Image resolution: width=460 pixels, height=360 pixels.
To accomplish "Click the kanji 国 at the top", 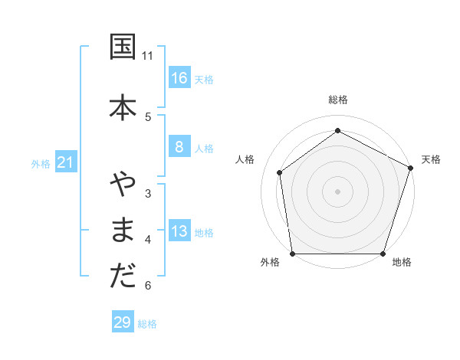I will click(x=123, y=47).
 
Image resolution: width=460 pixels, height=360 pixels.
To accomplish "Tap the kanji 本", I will click(x=123, y=106).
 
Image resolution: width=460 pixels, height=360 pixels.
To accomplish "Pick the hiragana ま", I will click(x=123, y=230).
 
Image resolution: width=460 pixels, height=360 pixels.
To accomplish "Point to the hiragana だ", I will click(x=123, y=277).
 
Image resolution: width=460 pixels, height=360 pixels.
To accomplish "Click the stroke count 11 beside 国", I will click(x=148, y=56).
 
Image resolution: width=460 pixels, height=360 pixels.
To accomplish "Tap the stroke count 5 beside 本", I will click(x=148, y=116).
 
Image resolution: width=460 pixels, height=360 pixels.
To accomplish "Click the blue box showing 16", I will click(x=179, y=78).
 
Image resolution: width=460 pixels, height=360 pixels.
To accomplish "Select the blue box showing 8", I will click(x=179, y=147).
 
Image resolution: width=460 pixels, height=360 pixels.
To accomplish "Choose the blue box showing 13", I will click(x=179, y=231).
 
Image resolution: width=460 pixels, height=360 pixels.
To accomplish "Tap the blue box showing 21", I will click(x=66, y=162).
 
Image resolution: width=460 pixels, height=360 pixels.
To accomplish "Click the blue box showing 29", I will click(x=123, y=322).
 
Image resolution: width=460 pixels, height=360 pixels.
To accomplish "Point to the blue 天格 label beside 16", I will click(x=204, y=80).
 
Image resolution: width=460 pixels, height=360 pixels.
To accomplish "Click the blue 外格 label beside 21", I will click(x=41, y=164).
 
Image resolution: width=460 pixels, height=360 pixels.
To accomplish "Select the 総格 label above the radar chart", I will click(x=338, y=100).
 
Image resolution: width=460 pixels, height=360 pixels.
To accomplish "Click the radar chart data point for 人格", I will click(x=280, y=172).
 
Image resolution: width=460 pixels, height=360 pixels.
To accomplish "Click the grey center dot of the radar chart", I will click(x=338, y=191).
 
